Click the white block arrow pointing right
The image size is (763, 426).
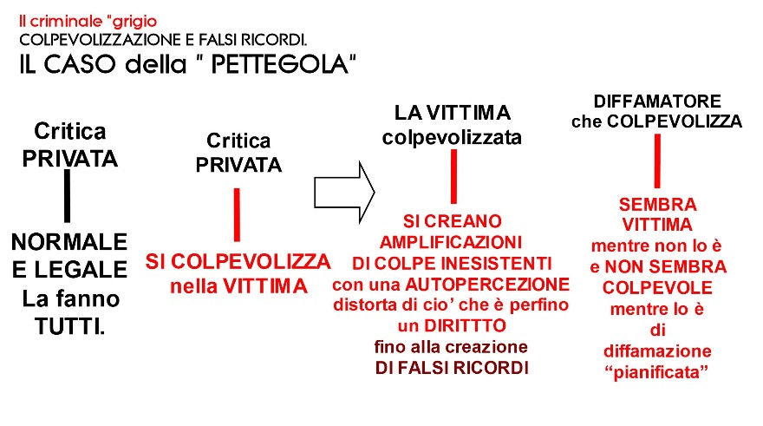344,193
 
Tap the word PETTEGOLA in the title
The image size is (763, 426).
280,64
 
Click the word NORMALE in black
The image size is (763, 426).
69,241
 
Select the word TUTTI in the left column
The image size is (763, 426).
69,326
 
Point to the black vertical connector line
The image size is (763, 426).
67,196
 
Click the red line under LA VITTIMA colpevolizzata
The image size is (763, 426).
453,176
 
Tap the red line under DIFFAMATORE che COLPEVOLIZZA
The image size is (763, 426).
657,161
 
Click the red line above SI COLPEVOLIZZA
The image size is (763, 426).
237,214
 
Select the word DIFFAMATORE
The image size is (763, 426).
657,102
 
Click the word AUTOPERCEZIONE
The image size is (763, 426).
487,284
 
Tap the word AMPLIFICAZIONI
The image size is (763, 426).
451,242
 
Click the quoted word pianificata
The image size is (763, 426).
656,372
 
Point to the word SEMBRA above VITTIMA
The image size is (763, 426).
657,205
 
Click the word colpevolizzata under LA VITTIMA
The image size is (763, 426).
452,137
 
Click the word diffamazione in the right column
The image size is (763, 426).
657,351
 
